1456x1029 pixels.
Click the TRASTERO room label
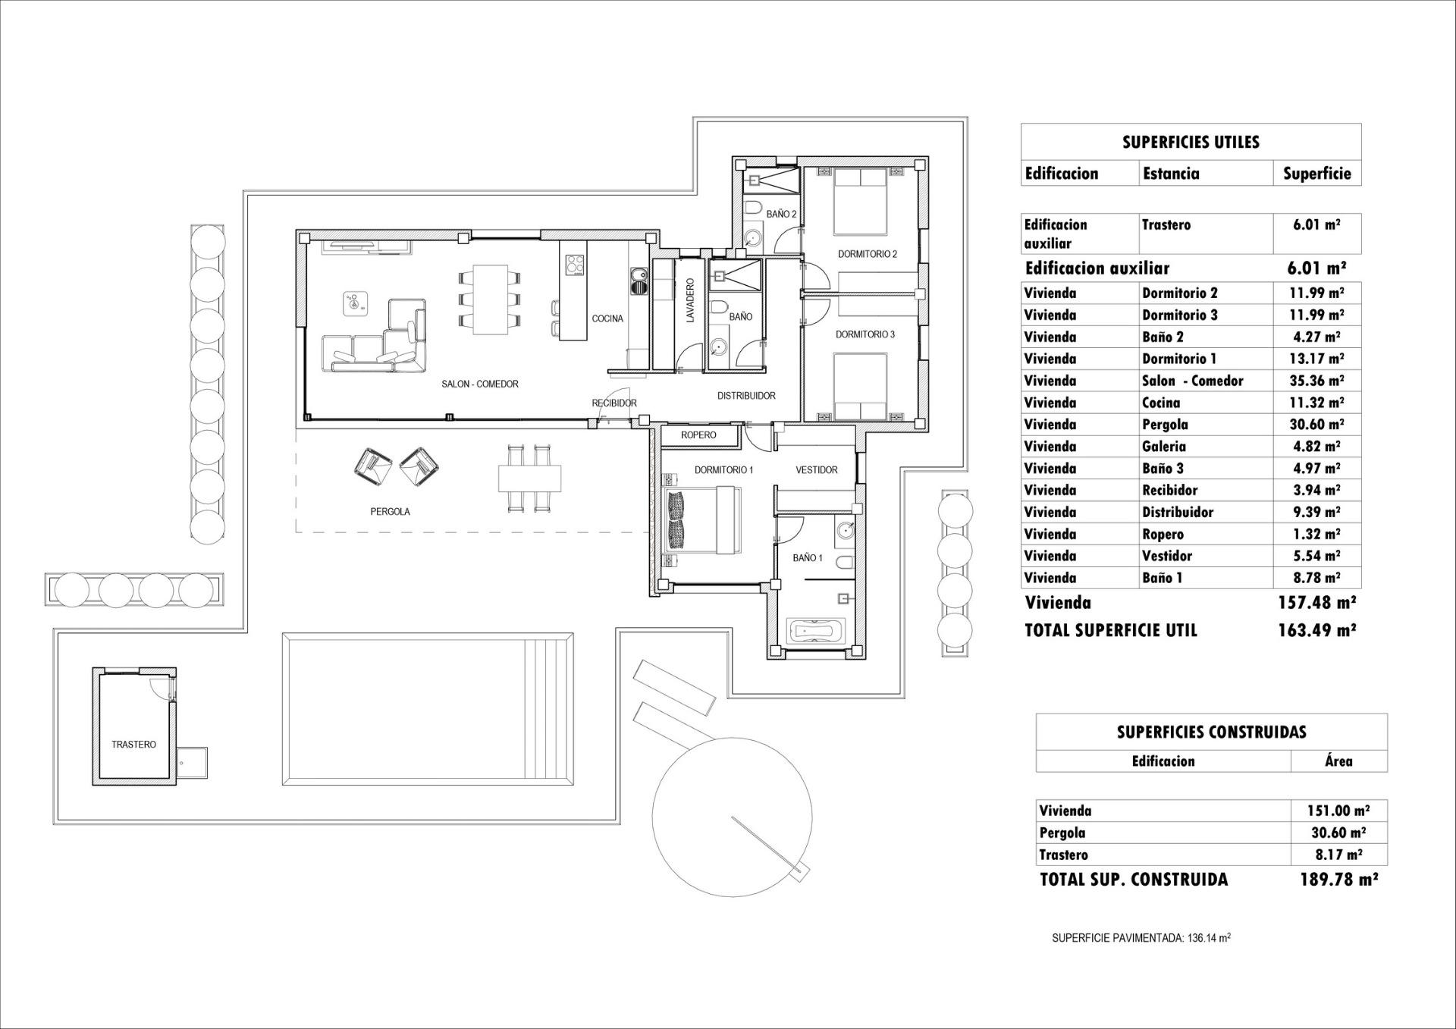tap(133, 745)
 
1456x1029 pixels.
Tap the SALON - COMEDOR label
tap(480, 384)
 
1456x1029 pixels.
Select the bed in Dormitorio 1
tap(701, 521)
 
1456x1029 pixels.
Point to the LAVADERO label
tap(690, 302)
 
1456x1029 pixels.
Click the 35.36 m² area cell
tap(1316, 381)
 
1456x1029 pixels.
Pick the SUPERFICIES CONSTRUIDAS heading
tap(1211, 732)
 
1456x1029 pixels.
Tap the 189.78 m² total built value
tap(1338, 880)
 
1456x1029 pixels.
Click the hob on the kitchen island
tap(575, 265)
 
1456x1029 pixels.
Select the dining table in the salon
tap(490, 299)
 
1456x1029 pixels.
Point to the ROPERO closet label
tap(698, 435)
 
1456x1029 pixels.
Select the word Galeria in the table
tap(1163, 447)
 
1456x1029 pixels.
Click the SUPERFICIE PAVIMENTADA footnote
tap(1141, 938)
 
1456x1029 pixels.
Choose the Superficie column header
tap(1316, 174)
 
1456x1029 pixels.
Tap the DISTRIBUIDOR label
tap(746, 396)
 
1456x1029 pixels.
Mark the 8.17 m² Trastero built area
tap(1338, 855)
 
